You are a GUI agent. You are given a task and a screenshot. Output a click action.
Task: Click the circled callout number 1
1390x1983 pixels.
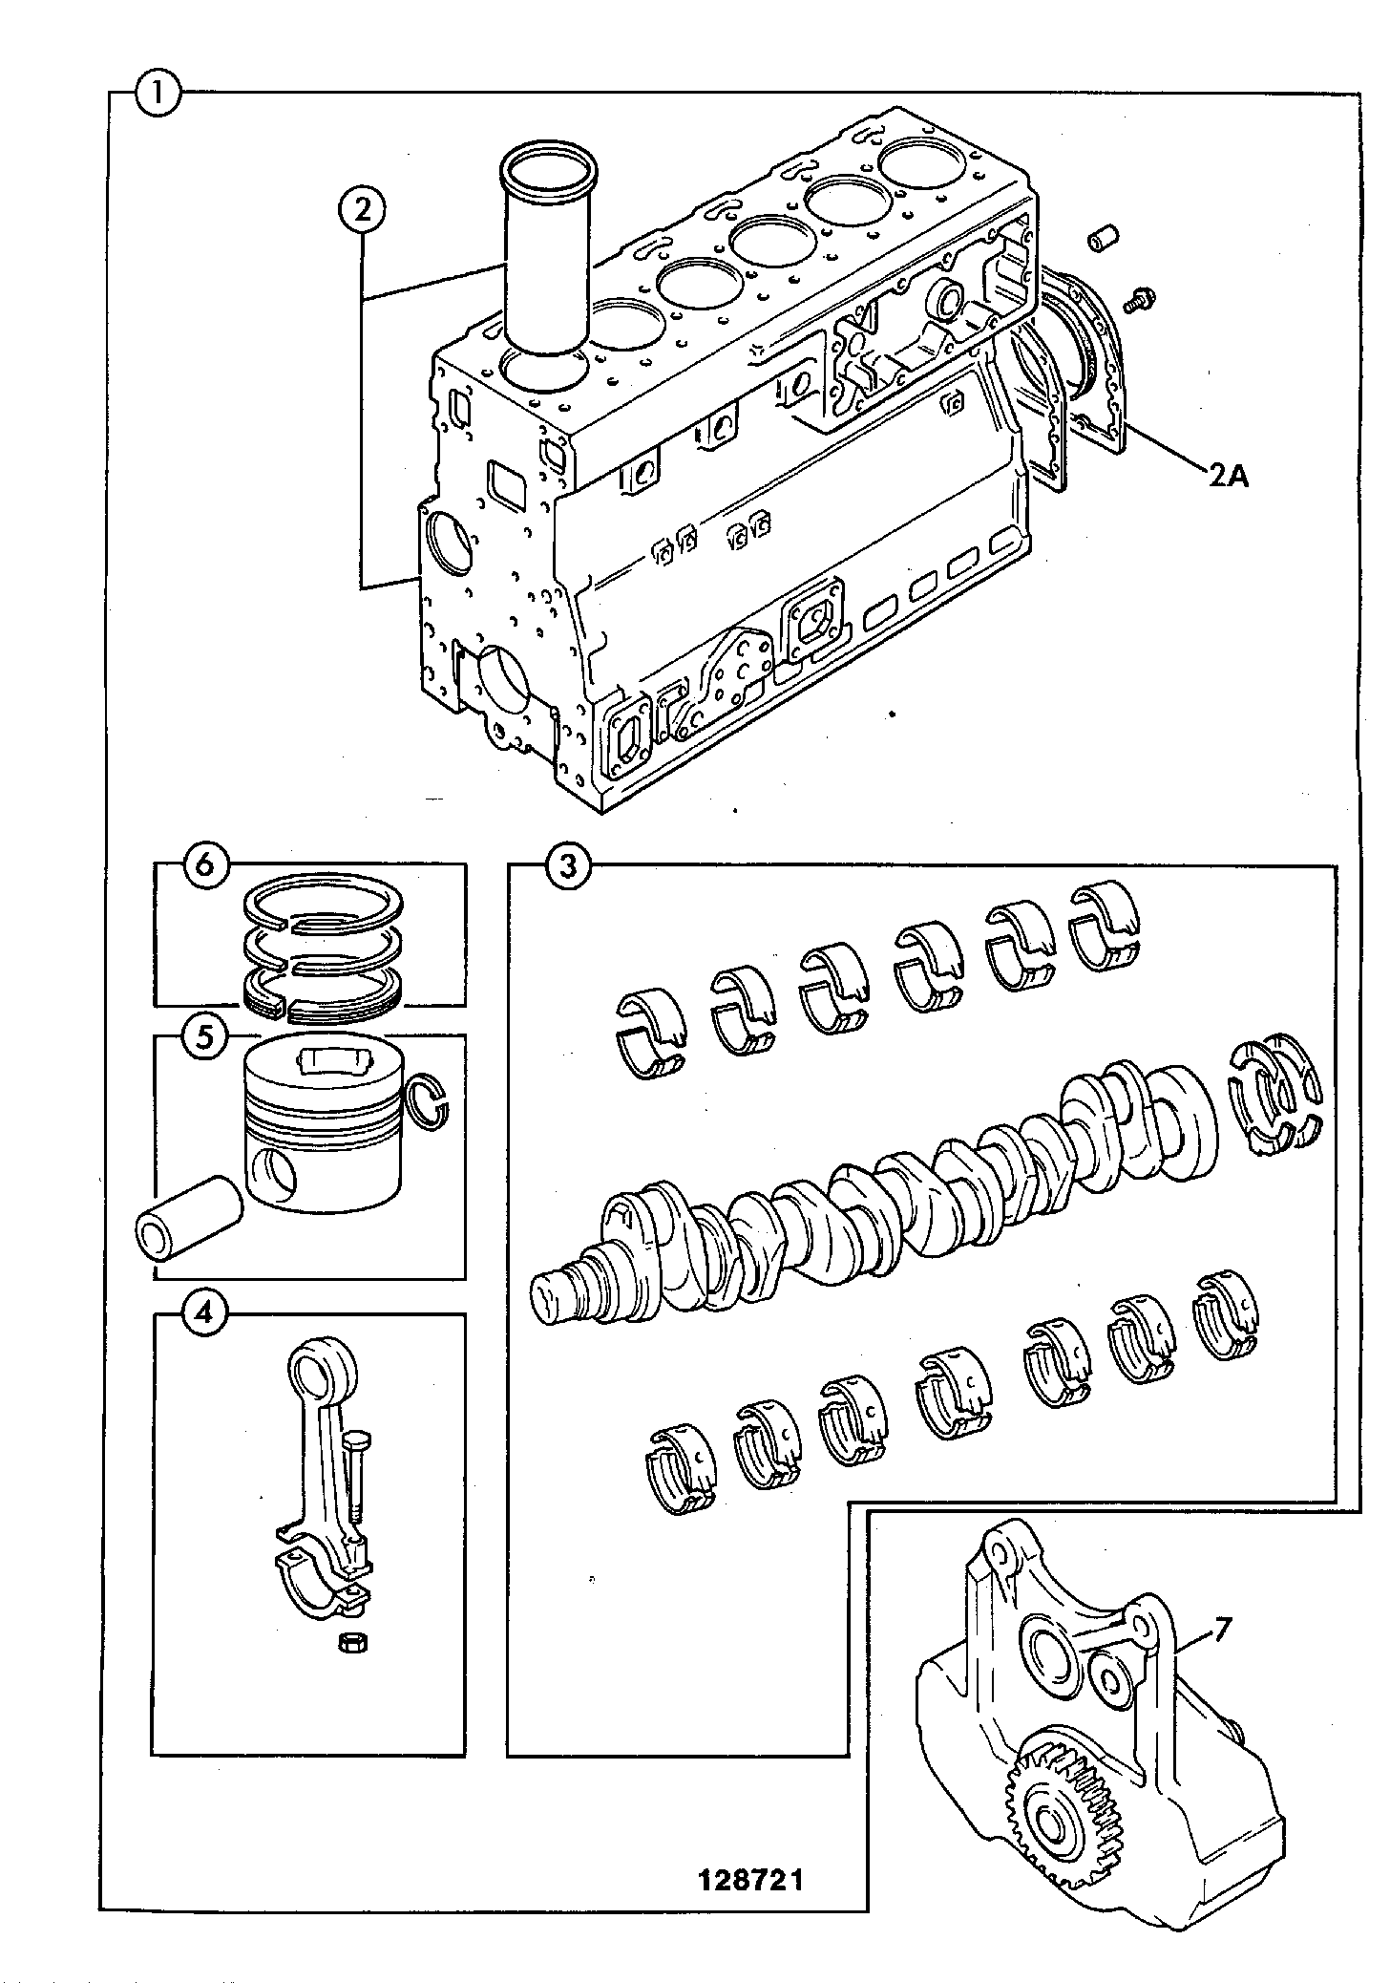coord(158,94)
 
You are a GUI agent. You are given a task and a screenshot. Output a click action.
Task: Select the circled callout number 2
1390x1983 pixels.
coord(363,211)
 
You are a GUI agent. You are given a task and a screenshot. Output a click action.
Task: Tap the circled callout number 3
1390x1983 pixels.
coord(568,866)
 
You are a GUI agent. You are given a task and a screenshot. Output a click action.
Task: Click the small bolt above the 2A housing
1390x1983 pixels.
coord(1137,298)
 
